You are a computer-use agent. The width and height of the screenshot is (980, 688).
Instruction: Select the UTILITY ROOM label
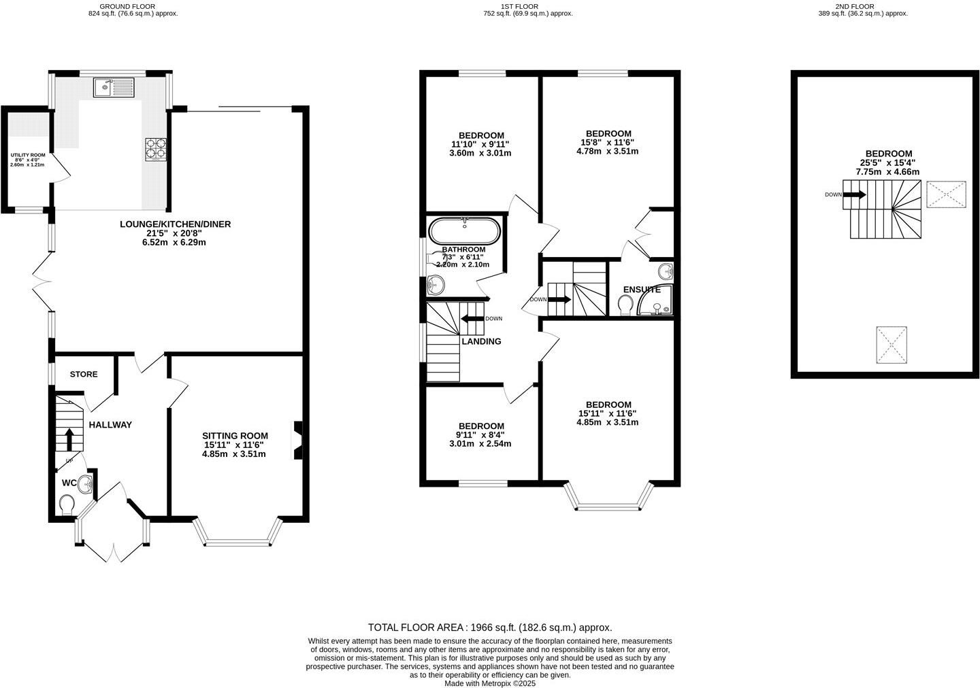click(27, 155)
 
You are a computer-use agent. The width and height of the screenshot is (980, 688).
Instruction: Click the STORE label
click(84, 375)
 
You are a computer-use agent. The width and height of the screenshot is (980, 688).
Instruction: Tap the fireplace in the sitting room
click(298, 440)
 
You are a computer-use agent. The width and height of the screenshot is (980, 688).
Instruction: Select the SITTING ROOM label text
click(235, 436)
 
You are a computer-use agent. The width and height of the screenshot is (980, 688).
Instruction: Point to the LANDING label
click(481, 341)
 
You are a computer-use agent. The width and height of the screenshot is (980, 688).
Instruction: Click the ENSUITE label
click(641, 290)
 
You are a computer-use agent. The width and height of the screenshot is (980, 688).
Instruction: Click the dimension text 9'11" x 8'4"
click(480, 434)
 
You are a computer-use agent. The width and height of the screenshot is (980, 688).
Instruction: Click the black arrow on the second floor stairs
click(855, 194)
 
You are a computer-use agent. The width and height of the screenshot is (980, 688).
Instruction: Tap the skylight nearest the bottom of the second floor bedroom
click(892, 345)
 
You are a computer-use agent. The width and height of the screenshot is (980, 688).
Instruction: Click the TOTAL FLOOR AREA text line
click(489, 627)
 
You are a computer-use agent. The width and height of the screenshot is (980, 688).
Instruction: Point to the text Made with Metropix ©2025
click(490, 683)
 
